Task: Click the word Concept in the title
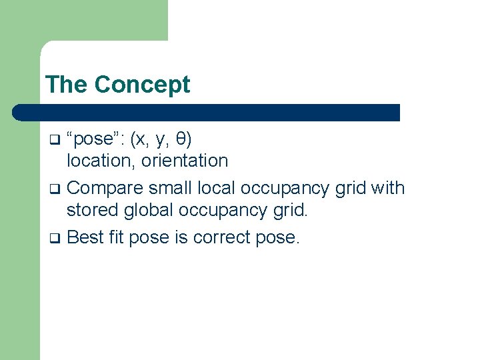142,85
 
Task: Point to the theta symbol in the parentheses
181,139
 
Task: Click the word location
95,161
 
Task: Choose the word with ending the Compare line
388,188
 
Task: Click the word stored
94,210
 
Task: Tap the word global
151,210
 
